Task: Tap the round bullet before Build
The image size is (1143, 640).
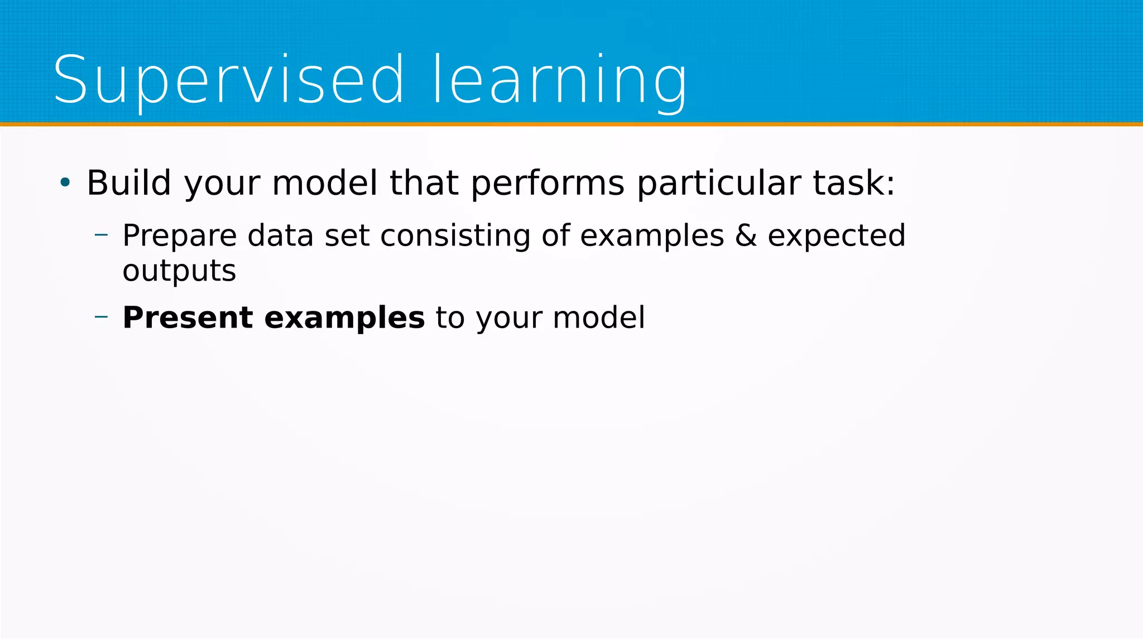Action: pyautogui.click(x=65, y=182)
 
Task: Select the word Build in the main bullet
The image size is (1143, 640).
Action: pyautogui.click(x=129, y=182)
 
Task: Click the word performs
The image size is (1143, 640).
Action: pyautogui.click(x=548, y=182)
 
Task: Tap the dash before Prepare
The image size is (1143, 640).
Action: pyautogui.click(x=101, y=235)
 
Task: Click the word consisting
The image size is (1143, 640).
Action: pyautogui.click(x=455, y=235)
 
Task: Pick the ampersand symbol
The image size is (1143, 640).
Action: pyautogui.click(x=746, y=235)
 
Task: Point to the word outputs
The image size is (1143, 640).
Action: pyautogui.click(x=179, y=271)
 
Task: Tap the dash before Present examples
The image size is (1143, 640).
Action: pyautogui.click(x=101, y=316)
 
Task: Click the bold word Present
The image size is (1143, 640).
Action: pyautogui.click(x=188, y=317)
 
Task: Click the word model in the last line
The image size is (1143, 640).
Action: pyautogui.click(x=598, y=317)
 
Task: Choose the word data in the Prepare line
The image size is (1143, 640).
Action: pyautogui.click(x=280, y=235)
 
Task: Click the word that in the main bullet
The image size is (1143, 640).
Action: pyautogui.click(x=424, y=182)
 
